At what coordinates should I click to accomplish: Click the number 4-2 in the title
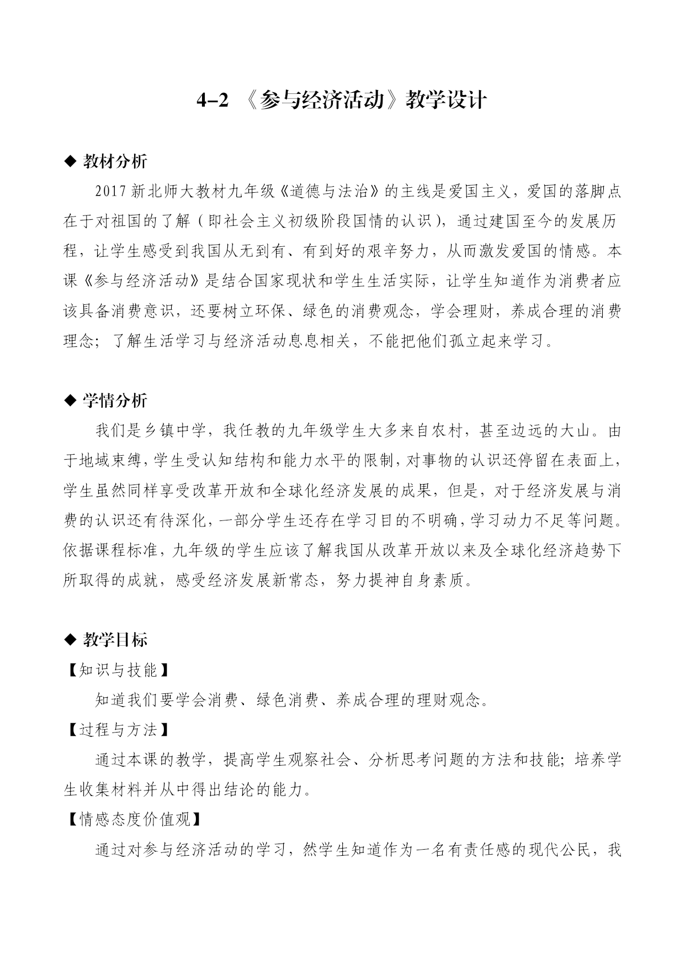point(213,101)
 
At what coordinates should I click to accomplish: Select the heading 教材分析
point(115,161)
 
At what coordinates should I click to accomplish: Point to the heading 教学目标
point(115,640)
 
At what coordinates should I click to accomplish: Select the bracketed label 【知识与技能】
point(118,670)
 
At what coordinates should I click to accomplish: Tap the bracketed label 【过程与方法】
point(118,730)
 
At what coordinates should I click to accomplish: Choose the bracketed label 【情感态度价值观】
point(134,819)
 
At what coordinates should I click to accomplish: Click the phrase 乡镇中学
point(168,430)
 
